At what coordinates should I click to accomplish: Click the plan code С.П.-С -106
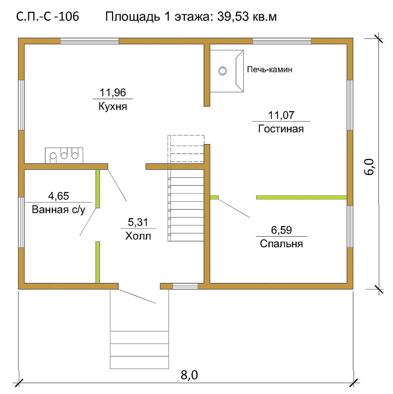[47, 16]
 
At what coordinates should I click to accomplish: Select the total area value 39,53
[233, 16]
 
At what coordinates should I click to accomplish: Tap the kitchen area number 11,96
[113, 92]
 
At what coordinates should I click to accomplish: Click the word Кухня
[113, 106]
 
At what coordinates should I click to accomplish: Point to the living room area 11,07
[281, 115]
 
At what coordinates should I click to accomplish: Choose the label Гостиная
[281, 129]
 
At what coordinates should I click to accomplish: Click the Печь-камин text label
[270, 69]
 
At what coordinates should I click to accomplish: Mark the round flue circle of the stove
[222, 71]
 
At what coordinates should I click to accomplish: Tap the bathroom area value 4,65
[59, 196]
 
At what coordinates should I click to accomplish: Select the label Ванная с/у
[59, 210]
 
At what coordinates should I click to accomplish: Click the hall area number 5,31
[138, 222]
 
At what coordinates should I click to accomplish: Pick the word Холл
[138, 236]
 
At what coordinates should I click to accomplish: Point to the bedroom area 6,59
[281, 230]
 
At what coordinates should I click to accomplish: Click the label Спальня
[281, 244]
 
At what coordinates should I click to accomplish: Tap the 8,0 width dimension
[189, 381]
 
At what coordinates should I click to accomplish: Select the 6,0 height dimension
[369, 167]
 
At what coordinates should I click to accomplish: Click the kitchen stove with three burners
[64, 155]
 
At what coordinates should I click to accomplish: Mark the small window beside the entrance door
[185, 286]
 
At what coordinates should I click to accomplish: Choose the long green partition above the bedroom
[302, 197]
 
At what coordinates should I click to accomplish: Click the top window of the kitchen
[89, 41]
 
